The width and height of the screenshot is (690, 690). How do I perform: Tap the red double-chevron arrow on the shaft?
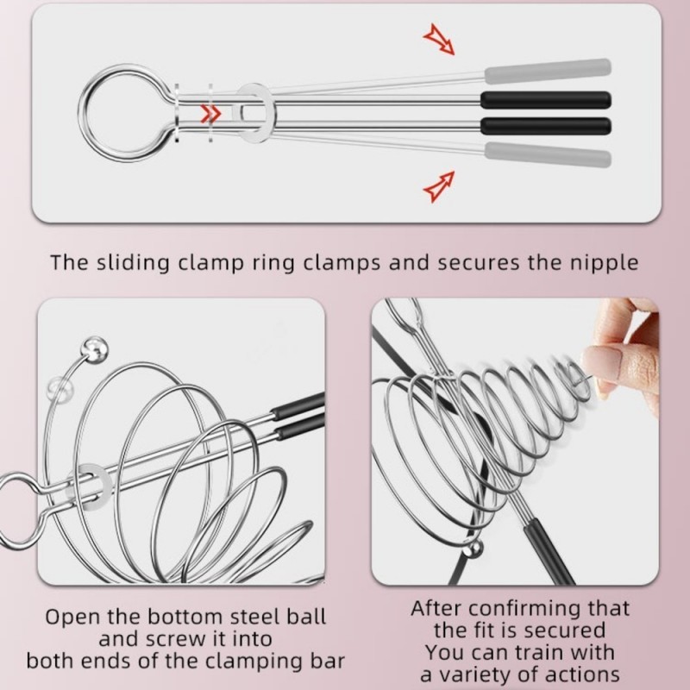click(x=210, y=113)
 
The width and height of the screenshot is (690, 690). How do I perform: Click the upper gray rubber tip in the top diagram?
click(x=548, y=69)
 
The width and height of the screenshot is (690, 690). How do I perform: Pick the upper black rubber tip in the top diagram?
click(x=546, y=99)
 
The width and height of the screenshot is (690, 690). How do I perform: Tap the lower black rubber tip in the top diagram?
click(x=546, y=125)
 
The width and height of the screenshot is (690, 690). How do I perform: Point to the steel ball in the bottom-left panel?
click(x=93, y=348)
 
